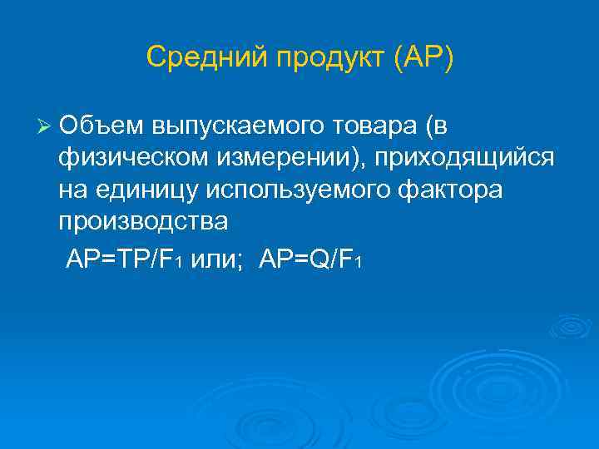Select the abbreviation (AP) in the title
click(424, 58)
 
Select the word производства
click(142, 223)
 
